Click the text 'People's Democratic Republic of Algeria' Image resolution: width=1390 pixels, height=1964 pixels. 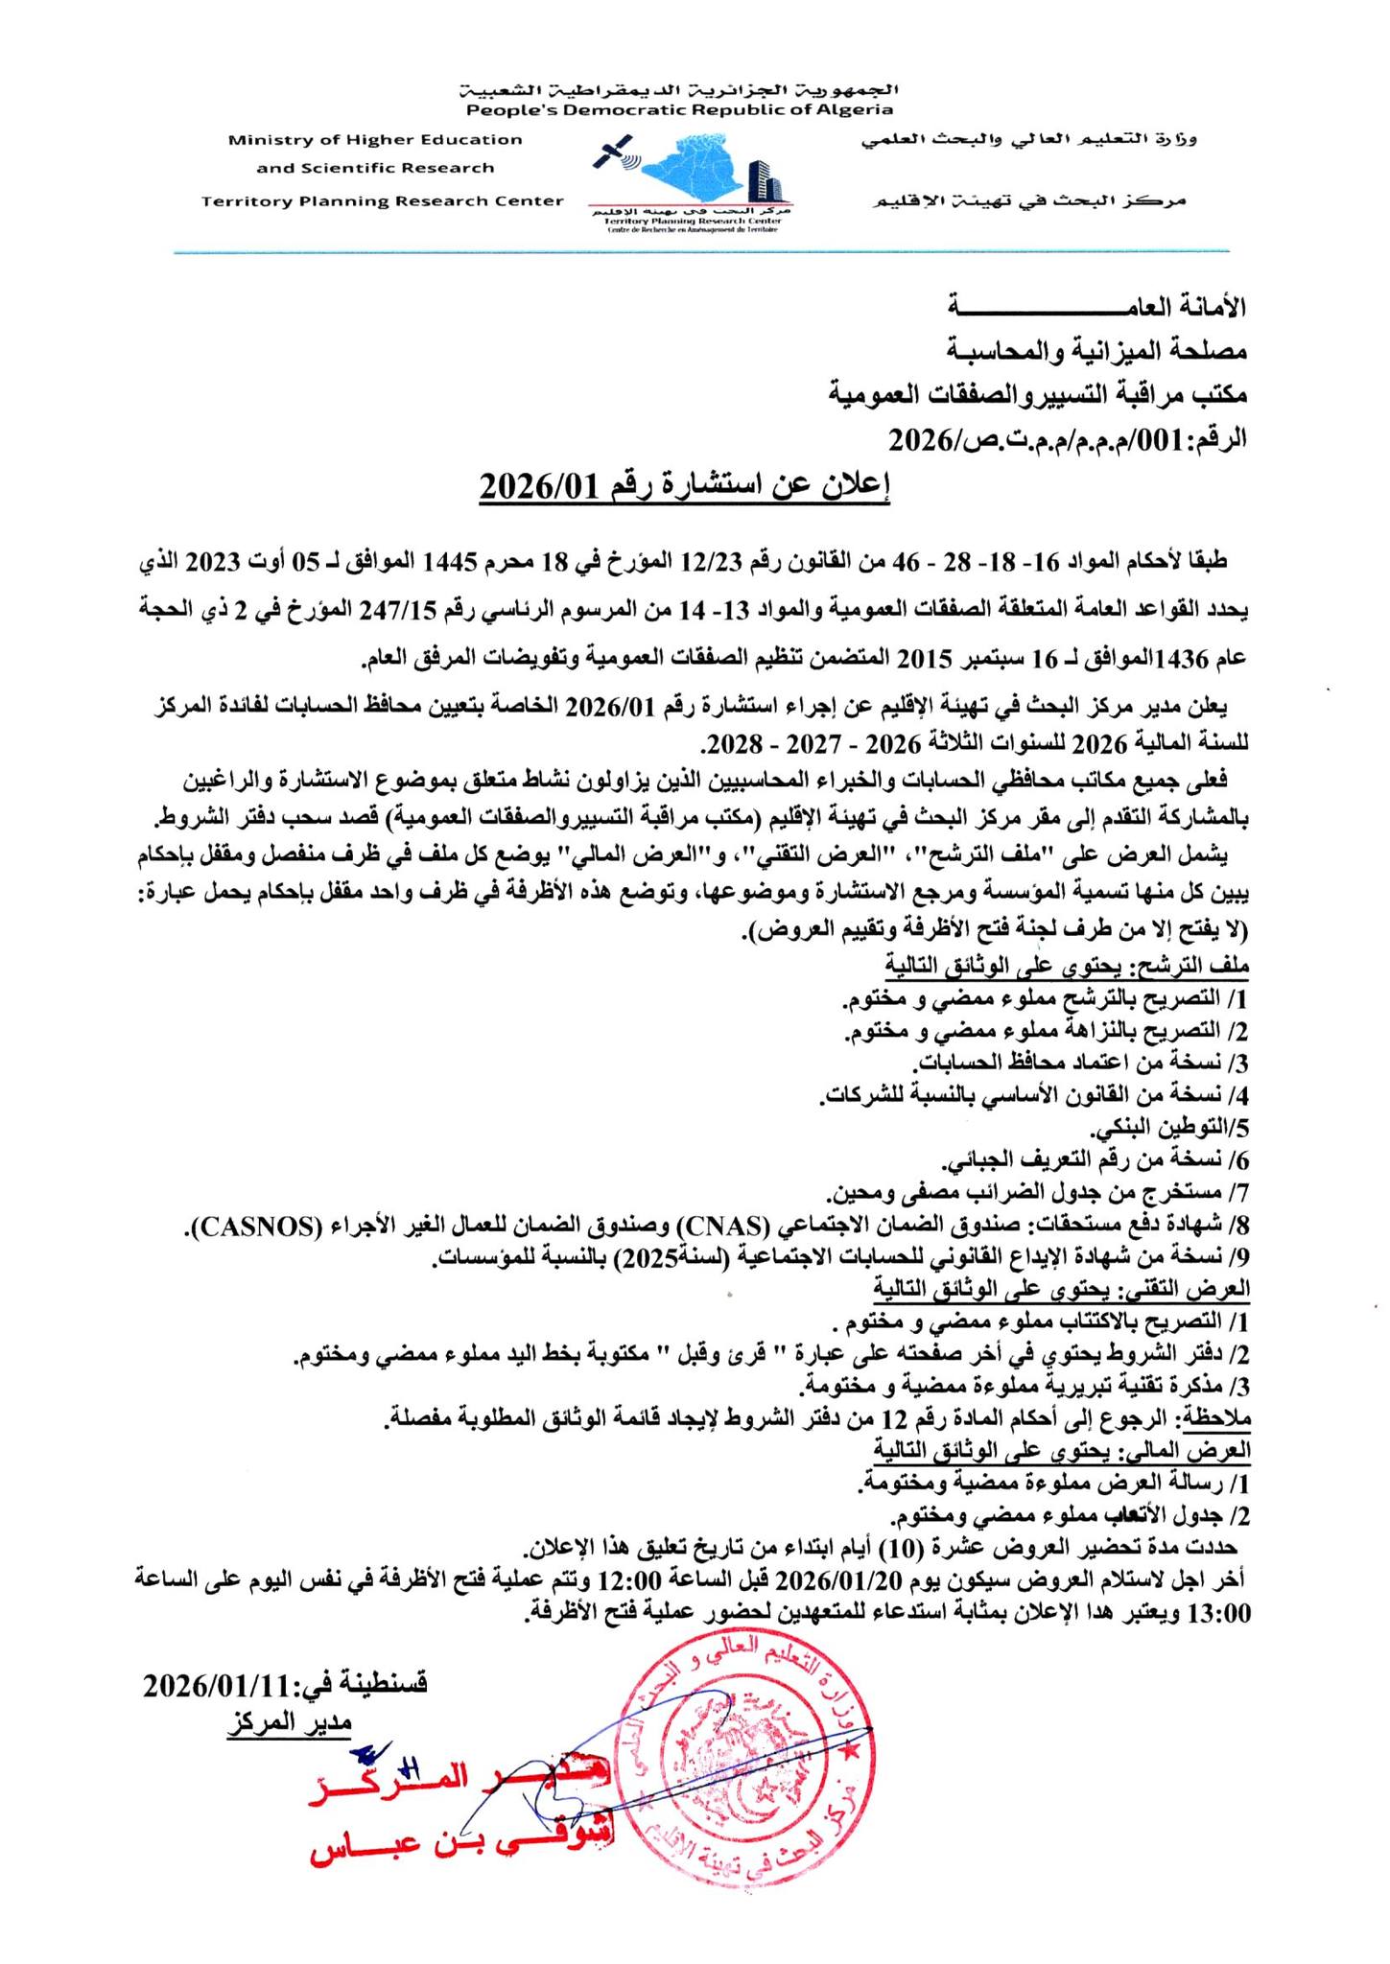pos(680,110)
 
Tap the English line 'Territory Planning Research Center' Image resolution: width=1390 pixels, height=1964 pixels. pos(383,201)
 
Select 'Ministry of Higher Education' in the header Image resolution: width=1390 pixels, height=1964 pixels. pos(375,140)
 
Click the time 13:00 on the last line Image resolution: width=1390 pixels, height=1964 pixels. pos(1219,1613)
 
